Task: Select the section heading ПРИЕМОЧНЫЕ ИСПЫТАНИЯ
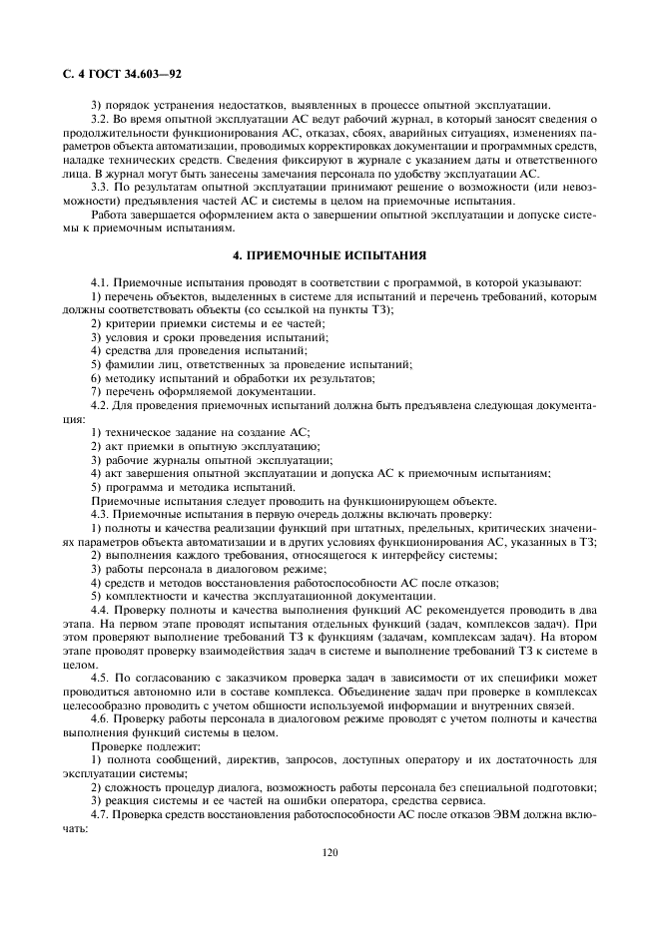(x=330, y=255)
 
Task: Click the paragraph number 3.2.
(x=101, y=119)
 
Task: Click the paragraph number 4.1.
(x=101, y=283)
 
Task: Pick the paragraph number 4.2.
(x=101, y=405)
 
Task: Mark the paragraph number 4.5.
(x=101, y=677)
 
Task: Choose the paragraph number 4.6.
(x=101, y=718)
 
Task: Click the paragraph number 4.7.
(x=101, y=813)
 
